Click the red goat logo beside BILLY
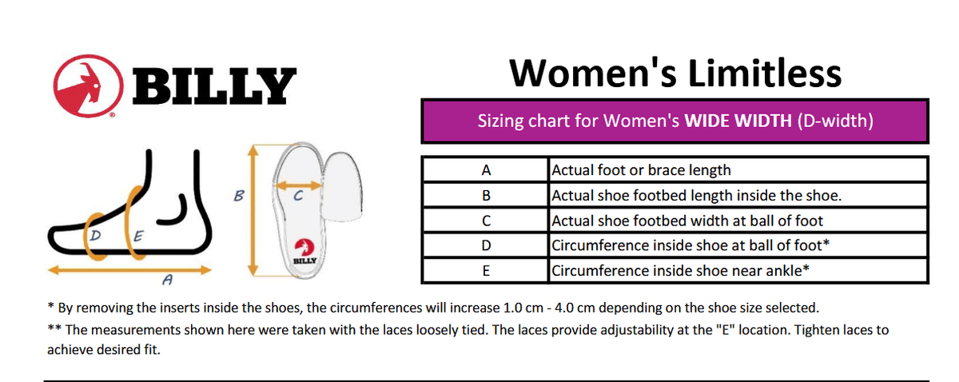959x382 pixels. pyautogui.click(x=88, y=86)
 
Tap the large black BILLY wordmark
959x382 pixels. pyautogui.click(x=214, y=86)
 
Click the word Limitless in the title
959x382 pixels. pyautogui.click(x=765, y=74)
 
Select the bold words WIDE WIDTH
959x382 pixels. pyautogui.click(x=738, y=121)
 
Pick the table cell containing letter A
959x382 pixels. pyautogui.click(x=486, y=170)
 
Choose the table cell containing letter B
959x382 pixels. pyautogui.click(x=486, y=195)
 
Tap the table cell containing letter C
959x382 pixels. pyautogui.click(x=486, y=221)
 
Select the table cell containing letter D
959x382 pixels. pyautogui.click(x=486, y=245)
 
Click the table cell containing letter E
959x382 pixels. pyautogui.click(x=486, y=271)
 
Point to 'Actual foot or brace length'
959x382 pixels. pyautogui.click(x=641, y=170)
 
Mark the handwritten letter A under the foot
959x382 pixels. pyautogui.click(x=167, y=280)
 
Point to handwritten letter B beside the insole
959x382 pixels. pyautogui.click(x=239, y=196)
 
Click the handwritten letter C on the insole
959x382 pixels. pyautogui.click(x=298, y=196)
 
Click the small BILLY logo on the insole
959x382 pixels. pyautogui.click(x=304, y=252)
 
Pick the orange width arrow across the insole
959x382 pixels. pyautogui.click(x=298, y=185)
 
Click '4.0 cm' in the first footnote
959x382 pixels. pyautogui.click(x=575, y=308)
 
